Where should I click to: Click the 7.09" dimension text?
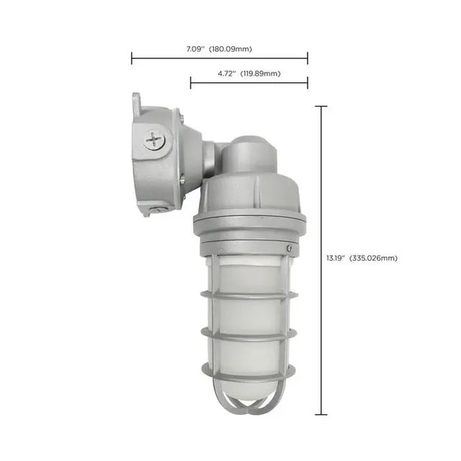pyautogui.click(x=194, y=48)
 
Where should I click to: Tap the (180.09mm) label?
pyautogui.click(x=231, y=48)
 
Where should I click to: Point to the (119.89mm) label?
pyautogui.click(x=260, y=73)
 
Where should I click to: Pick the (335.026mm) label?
pyautogui.click(x=374, y=257)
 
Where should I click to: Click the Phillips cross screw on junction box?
pyautogui.click(x=154, y=139)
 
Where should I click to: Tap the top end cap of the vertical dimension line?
pyautogui.click(x=321, y=107)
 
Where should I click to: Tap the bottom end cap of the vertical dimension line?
pyautogui.click(x=321, y=415)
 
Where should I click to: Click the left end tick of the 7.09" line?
pyautogui.click(x=132, y=58)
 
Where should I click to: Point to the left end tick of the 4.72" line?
pyautogui.click(x=191, y=83)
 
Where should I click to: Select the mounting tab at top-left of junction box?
pyautogui.click(x=137, y=102)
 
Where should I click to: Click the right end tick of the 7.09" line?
pyautogui.click(x=308, y=58)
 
